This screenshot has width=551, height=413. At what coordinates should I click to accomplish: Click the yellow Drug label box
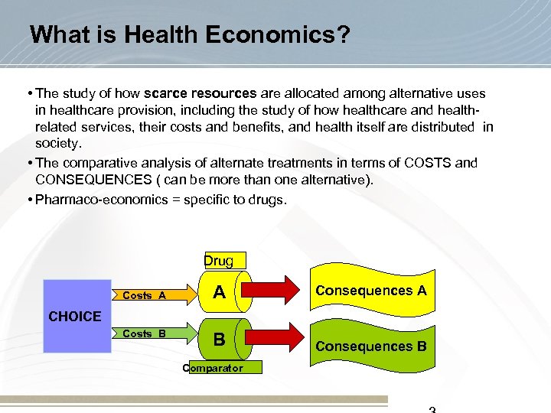tap(219, 261)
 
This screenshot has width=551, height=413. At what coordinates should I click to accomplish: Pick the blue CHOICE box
tap(76, 316)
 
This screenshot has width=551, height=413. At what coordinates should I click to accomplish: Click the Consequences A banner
tap(371, 291)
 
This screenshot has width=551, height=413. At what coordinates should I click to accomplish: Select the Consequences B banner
tap(371, 346)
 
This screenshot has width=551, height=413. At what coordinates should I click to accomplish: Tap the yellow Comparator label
tap(213, 368)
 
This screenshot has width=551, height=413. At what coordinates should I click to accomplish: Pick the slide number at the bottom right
tap(432, 409)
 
